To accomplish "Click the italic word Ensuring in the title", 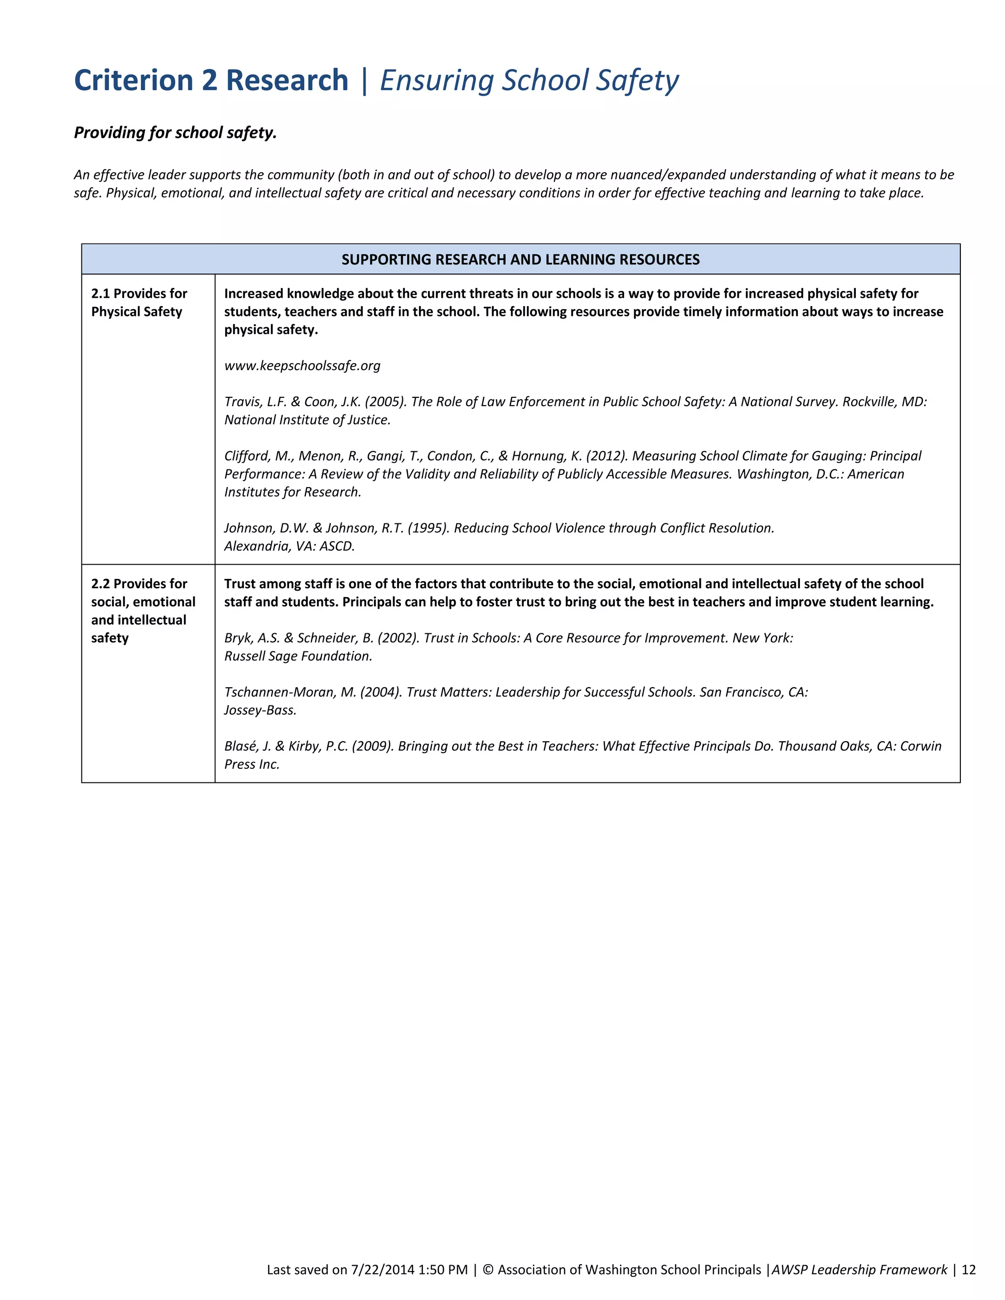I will click(436, 80).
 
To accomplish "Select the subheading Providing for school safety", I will click(175, 132).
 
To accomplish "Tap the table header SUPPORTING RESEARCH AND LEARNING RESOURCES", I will click(520, 260).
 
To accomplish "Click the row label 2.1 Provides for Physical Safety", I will click(139, 302).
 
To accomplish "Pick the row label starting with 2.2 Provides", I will click(143, 610).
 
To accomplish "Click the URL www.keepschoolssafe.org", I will click(302, 365).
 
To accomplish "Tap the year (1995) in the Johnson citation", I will click(428, 528).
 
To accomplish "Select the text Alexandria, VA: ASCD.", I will click(290, 546).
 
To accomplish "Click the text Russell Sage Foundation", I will click(298, 656).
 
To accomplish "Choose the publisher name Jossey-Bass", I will click(260, 710).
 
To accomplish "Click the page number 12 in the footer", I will click(969, 1270).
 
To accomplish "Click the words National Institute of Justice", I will click(307, 419).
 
